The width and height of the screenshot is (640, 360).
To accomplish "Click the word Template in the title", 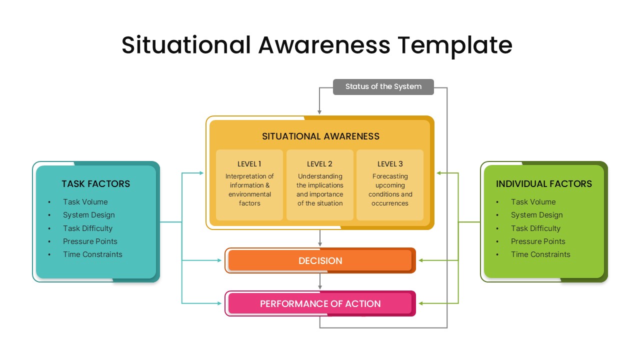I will [x=455, y=45].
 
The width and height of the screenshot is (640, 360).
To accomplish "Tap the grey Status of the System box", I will [x=383, y=86].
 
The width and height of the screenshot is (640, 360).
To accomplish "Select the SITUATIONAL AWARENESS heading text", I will [x=320, y=136].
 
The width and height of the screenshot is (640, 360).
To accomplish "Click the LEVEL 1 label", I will [x=249, y=164].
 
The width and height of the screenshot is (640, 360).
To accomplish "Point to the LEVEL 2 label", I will [x=319, y=164].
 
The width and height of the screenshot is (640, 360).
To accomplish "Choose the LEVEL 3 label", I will [x=390, y=164].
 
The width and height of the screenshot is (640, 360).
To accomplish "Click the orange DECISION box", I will [x=320, y=260].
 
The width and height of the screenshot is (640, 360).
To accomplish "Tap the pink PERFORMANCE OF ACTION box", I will [x=320, y=303].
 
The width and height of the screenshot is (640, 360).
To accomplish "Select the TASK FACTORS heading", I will [x=95, y=184].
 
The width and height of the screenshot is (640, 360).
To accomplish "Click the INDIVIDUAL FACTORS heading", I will [x=543, y=184].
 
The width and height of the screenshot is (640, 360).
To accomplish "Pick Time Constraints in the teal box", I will [x=92, y=254].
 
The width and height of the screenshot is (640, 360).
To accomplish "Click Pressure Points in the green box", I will [x=538, y=241].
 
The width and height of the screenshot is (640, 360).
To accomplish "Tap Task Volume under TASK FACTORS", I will [x=85, y=202].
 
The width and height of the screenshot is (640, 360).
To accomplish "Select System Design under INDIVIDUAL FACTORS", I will [x=536, y=215].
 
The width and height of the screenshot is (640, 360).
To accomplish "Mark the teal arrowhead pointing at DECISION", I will [x=220, y=260].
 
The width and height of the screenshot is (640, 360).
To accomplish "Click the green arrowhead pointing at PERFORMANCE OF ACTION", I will [x=421, y=303].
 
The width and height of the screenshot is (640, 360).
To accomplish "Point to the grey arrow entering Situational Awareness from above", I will [x=319, y=110].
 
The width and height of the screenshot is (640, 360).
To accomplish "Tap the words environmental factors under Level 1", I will [x=249, y=198].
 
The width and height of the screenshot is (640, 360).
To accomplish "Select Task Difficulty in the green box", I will [x=535, y=228].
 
